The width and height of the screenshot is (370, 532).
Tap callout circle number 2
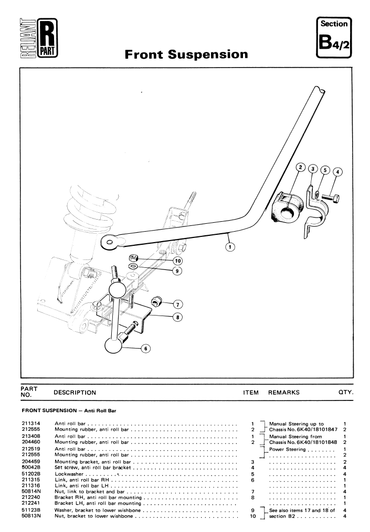(301, 168)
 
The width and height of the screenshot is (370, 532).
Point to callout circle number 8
(177, 317)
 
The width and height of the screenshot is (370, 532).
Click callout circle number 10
(178, 260)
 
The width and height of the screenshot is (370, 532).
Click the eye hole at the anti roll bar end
(109, 241)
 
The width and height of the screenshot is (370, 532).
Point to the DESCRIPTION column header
(75, 392)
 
